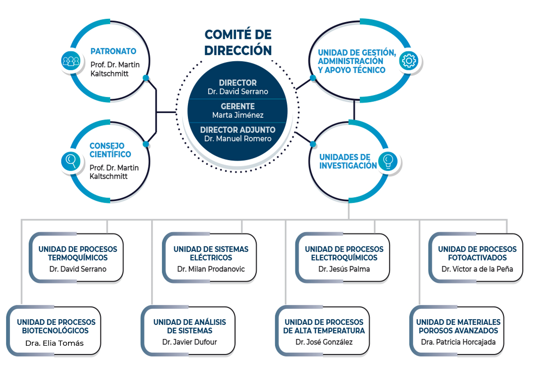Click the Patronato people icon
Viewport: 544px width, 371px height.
(71, 61)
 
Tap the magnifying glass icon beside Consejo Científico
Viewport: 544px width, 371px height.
(71, 161)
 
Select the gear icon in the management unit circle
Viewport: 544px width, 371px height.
(409, 60)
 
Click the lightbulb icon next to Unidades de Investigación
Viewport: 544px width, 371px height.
(388, 161)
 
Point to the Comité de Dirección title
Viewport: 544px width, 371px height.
(238, 42)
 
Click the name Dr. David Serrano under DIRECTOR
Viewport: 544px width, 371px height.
(238, 92)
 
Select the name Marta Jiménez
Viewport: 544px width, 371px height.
(238, 115)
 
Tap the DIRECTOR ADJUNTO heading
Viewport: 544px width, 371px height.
(238, 130)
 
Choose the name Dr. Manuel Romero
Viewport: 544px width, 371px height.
(238, 139)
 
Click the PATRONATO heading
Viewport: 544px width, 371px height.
(113, 51)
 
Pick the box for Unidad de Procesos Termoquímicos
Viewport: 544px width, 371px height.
(76, 258)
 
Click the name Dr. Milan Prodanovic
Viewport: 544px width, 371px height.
(211, 269)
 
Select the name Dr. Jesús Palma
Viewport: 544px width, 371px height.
(344, 269)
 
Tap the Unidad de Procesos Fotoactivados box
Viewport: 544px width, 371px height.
(476, 258)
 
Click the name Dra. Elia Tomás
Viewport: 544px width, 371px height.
(54, 343)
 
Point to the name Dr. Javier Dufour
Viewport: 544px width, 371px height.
(189, 342)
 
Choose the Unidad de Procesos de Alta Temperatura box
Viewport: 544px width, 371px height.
(322, 331)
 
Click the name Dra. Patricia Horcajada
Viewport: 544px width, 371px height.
(458, 342)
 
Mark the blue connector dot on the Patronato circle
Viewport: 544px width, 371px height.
(146, 78)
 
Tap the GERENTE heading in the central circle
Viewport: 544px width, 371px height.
(238, 106)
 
